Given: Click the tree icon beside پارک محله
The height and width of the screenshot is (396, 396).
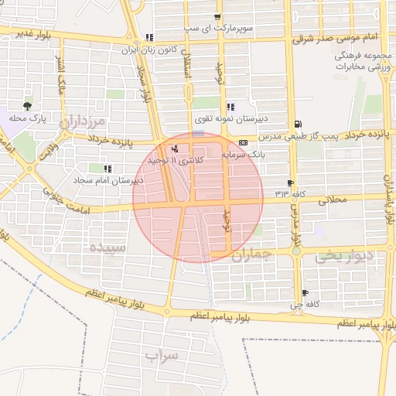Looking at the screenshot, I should tap(29, 106).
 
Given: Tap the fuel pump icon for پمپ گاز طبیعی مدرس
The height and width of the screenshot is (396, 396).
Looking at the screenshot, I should tap(298, 125).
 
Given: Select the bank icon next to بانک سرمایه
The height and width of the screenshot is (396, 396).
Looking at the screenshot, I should tap(243, 142).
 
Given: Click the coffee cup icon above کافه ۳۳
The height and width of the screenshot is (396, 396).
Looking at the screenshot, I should tap(290, 183).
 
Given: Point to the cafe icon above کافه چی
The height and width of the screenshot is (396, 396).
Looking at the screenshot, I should tap(305, 292).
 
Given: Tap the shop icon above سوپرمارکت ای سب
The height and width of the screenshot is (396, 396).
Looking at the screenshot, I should tap(218, 17).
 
